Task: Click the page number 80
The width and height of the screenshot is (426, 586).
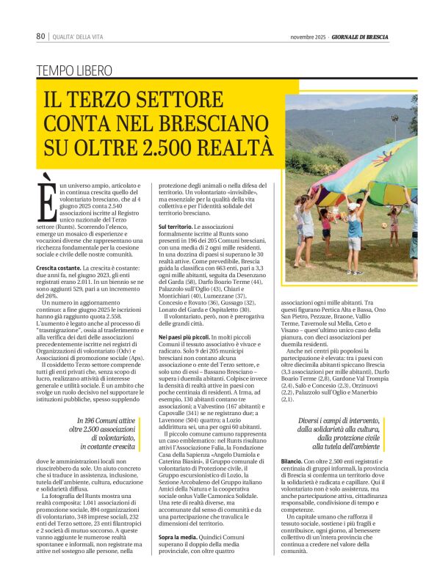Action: click(x=41, y=37)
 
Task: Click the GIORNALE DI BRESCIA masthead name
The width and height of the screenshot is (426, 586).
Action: click(x=360, y=37)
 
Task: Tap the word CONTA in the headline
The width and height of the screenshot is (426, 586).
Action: click(x=85, y=122)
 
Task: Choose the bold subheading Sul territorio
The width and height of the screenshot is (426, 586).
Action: click(x=176, y=228)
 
